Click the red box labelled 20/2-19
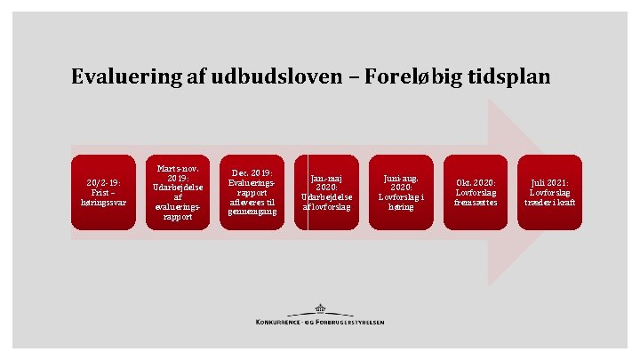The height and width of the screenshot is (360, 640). click(103, 192)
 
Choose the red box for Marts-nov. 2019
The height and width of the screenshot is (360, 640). click(178, 192)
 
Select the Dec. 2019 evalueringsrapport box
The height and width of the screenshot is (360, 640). click(252, 192)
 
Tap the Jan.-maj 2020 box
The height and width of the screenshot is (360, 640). click(326, 192)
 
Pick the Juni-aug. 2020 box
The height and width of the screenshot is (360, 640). click(401, 192)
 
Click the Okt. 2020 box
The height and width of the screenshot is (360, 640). click(476, 192)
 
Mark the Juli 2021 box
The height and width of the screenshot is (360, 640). click(550, 192)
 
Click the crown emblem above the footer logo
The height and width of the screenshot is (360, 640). click(319, 309)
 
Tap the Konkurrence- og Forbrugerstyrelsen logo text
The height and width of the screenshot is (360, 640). click(320, 322)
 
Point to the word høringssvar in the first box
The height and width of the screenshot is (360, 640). click(103, 202)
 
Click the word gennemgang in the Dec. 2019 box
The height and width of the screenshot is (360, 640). click(252, 212)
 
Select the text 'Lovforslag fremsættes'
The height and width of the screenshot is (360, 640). click(476, 196)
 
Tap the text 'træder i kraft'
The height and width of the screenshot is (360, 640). click(550, 202)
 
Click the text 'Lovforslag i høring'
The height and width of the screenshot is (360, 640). click(401, 202)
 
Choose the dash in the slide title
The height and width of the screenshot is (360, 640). click(348, 78)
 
